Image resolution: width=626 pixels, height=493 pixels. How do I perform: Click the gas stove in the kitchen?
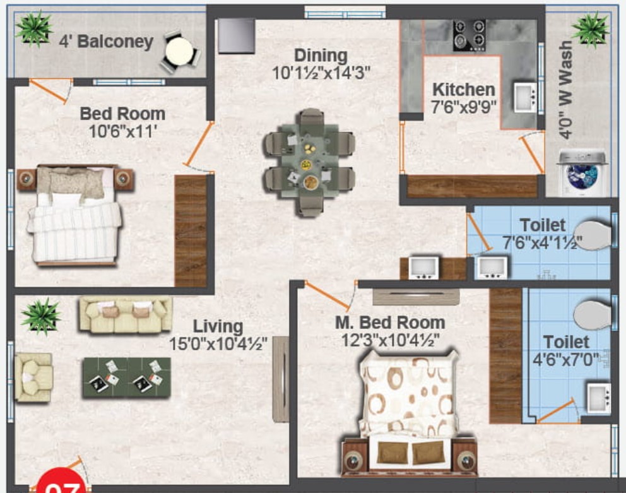[x=469, y=35]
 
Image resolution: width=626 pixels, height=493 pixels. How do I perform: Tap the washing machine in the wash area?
[x=583, y=173]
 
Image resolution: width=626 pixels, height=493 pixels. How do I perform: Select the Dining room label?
[x=321, y=56]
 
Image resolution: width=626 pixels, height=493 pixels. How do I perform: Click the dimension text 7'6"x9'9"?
[x=464, y=107]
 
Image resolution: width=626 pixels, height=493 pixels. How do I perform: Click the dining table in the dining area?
[x=309, y=162]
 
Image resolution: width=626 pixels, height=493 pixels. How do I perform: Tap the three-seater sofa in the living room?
[x=126, y=315]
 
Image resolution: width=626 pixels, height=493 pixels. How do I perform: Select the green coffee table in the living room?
[x=127, y=377]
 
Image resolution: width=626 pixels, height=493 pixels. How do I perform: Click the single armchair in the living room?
[x=33, y=377]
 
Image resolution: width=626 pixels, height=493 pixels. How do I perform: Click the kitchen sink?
[x=525, y=97]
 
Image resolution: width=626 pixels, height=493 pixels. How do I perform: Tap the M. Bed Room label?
[x=389, y=323]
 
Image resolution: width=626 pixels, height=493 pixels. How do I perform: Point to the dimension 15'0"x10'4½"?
[x=218, y=343]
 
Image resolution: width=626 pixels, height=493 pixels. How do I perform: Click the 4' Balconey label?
[x=106, y=42]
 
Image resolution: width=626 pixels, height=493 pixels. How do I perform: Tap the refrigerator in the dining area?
[x=237, y=36]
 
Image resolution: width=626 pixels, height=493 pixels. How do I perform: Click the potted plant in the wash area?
[x=591, y=30]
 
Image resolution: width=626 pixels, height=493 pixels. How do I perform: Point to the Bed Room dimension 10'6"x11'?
[x=122, y=131]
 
